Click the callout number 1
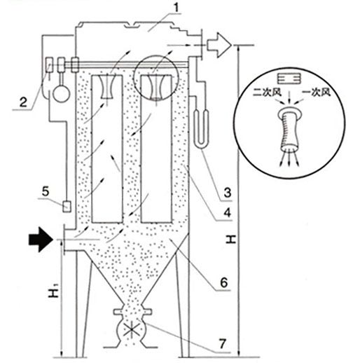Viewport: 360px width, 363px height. [176, 8]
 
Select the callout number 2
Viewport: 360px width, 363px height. [23, 102]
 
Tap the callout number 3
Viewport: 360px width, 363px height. [227, 192]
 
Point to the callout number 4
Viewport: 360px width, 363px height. [227, 212]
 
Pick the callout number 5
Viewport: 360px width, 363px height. [46, 191]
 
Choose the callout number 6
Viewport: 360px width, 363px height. [223, 282]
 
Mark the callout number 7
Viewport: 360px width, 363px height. [223, 343]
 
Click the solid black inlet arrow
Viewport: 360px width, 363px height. [41, 240]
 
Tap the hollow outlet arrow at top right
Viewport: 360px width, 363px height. [219, 45]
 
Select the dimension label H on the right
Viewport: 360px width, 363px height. [231, 240]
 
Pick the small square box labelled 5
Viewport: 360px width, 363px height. [67, 207]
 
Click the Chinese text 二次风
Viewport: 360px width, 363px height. [267, 93]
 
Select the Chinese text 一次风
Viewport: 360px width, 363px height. [316, 93]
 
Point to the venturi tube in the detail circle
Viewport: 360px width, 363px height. [289, 128]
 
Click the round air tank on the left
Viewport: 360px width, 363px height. [61, 93]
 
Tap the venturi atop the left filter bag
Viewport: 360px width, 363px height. [107, 86]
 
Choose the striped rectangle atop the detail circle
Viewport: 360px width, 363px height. [289, 78]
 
